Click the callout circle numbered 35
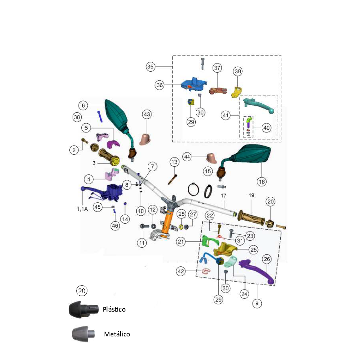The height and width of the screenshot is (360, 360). [150, 67]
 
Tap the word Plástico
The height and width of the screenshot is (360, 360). [114, 309]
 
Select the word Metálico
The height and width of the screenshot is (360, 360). [117, 334]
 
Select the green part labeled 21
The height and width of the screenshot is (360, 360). [207, 241]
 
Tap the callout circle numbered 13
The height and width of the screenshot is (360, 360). [174, 162]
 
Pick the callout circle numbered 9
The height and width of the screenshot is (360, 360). [257, 304]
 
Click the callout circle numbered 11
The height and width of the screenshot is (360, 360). [142, 243]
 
